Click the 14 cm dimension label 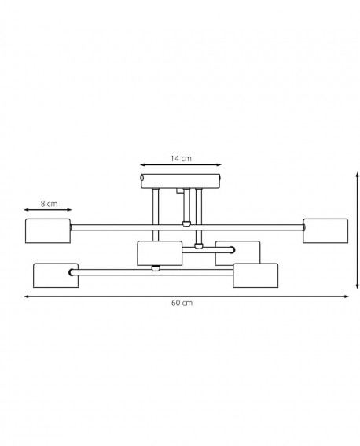tap(181, 158)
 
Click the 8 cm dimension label tap(49, 204)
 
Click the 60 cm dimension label tap(182, 303)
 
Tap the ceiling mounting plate tap(181, 181)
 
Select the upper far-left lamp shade tap(48, 231)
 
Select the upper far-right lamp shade tap(325, 231)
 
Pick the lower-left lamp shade tap(56, 275)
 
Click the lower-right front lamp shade tap(255, 275)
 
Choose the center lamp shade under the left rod tap(160, 253)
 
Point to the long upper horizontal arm tap(187, 227)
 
